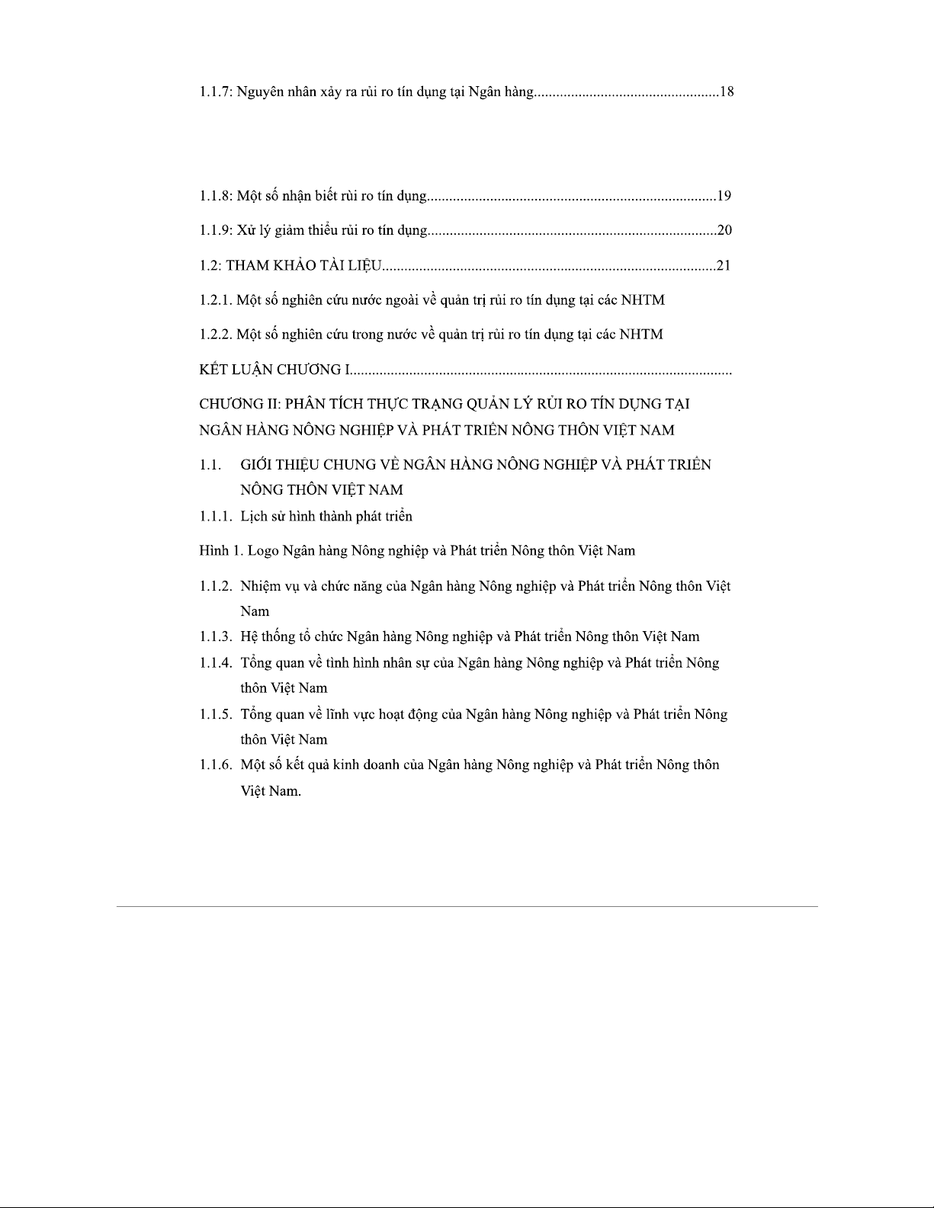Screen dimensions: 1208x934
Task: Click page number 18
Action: [726, 92]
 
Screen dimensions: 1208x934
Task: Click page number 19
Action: [724, 196]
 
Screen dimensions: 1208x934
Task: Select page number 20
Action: [724, 230]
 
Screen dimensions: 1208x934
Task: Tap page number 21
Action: [724, 265]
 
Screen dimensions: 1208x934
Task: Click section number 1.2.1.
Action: [216, 300]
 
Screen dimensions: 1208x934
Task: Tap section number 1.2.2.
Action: [216, 335]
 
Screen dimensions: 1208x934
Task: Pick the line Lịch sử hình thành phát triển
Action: [326, 517]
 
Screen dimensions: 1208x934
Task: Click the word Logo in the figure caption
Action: [264, 551]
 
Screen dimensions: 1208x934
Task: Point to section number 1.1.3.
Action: [216, 637]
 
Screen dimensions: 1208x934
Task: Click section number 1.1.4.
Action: [216, 663]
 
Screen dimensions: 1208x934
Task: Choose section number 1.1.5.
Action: [216, 715]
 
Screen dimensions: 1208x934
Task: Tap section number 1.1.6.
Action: [216, 765]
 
